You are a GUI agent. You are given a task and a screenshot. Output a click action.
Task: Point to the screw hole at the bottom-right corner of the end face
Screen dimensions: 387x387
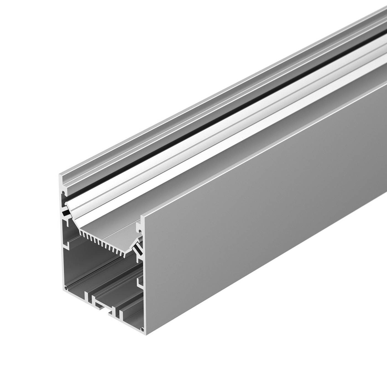[142, 330]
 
